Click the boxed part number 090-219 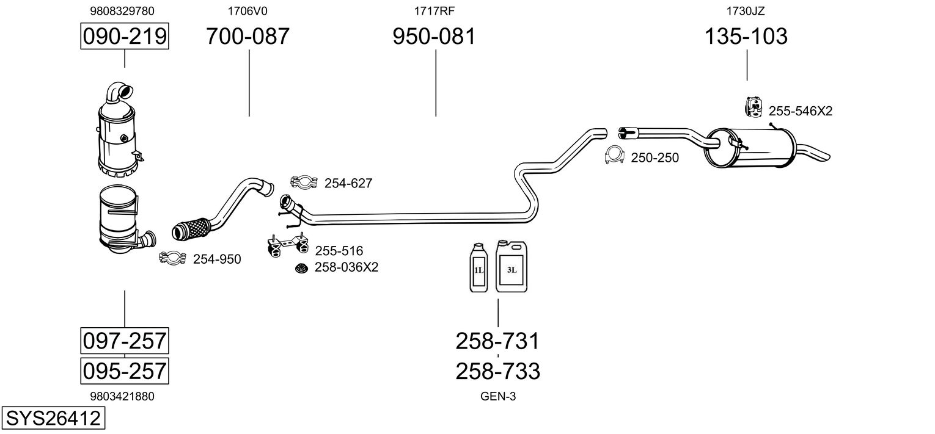(125, 36)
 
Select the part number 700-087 (248, 36)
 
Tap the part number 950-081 (434, 36)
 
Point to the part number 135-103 (746, 36)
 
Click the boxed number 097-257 (125, 341)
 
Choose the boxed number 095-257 (125, 371)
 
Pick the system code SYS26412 (53, 418)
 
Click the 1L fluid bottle (479, 267)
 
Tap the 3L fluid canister (512, 266)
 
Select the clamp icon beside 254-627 (304, 182)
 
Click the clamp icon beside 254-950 (172, 258)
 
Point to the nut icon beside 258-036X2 (301, 268)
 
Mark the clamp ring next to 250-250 (614, 155)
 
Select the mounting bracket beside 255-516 (288, 245)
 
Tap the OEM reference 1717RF (434, 11)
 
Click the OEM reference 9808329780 (122, 11)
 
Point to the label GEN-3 (498, 396)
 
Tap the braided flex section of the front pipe (190, 229)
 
